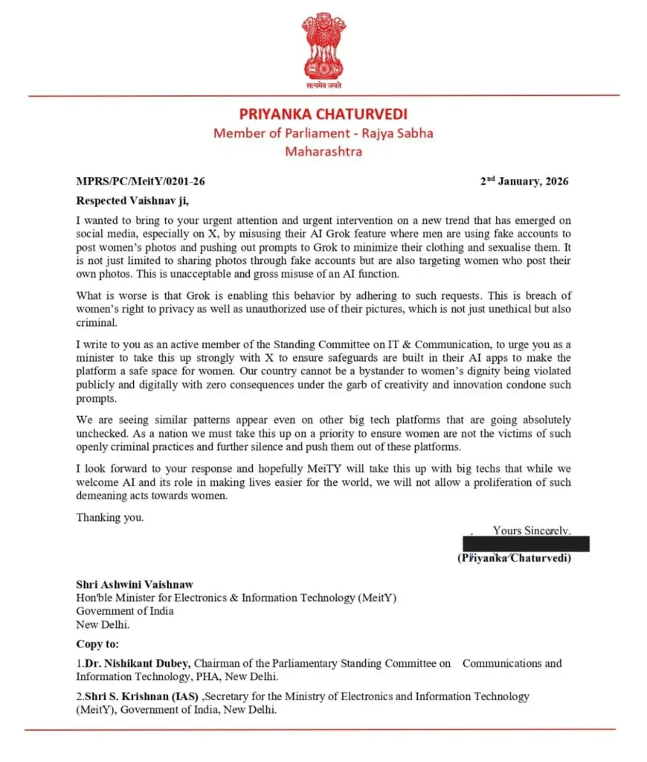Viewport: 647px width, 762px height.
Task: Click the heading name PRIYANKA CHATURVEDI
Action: tap(323, 115)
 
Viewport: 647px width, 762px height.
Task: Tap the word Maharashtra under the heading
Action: tap(323, 151)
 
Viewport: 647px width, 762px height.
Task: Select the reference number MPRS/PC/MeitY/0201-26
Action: tap(141, 181)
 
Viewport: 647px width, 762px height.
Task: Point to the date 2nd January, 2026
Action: tap(524, 181)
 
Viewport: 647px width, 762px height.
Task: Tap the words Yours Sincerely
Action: tap(532, 531)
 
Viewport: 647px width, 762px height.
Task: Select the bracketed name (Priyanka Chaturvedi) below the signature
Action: tap(515, 558)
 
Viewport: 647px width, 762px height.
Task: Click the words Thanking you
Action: tap(110, 517)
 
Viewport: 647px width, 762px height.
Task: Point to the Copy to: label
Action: tap(97, 644)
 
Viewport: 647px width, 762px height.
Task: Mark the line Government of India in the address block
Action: tap(125, 610)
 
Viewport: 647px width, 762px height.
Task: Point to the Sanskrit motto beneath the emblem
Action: tap(323, 86)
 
